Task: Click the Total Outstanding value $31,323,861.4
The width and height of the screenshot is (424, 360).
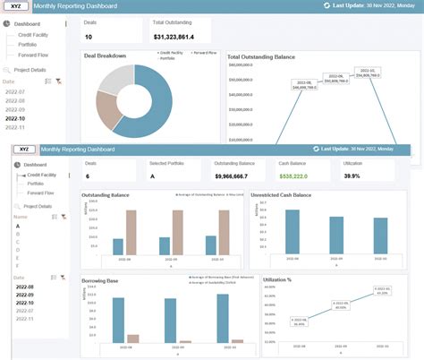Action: pyautogui.click(x=179, y=37)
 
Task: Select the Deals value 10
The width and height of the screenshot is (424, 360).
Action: pyautogui.click(x=89, y=37)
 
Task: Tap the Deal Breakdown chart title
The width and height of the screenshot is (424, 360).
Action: pyautogui.click(x=105, y=56)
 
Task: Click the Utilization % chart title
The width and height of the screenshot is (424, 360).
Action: pyautogui.click(x=279, y=280)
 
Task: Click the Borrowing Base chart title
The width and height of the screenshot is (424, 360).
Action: pyautogui.click(x=100, y=280)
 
